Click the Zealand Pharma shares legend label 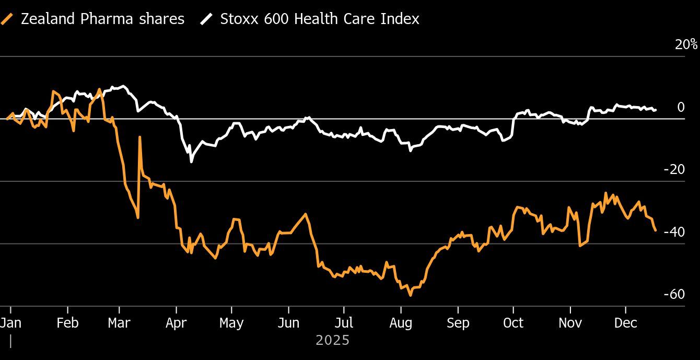coord(102,19)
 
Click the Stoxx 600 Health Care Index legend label coord(319,19)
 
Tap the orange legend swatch coord(7,19)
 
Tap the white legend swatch coord(207,19)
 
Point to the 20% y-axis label coord(686,45)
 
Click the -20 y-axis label coord(674,169)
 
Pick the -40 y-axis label coord(674,231)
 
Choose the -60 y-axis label coord(674,294)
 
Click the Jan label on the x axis coord(10,323)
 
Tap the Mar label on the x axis coord(119,323)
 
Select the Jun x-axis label coord(288,323)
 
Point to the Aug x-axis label coord(401,323)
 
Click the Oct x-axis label coord(513,323)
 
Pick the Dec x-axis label coord(625,323)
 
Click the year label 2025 coord(333,341)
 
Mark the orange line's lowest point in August coord(411,295)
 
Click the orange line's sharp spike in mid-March coord(140,137)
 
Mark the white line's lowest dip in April coord(191,161)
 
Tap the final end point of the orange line coord(655,230)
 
